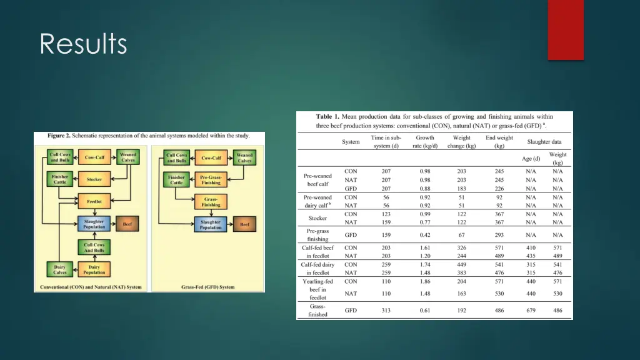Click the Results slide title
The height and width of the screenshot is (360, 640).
[83, 44]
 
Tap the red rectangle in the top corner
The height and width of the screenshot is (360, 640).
[566, 30]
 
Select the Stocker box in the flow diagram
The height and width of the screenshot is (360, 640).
[94, 179]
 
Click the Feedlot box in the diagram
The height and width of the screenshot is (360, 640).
[94, 202]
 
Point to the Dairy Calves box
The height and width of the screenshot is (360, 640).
[59, 269]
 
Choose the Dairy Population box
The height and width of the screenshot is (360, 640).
[94, 269]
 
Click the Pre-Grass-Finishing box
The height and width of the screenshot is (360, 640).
[211, 180]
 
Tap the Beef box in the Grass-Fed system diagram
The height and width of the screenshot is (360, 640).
[244, 224]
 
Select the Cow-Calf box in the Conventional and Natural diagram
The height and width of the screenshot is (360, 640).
[94, 157]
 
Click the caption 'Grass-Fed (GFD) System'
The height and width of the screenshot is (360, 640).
[208, 287]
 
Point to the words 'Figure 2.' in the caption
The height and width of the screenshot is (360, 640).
[61, 136]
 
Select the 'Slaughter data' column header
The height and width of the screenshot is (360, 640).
[544, 142]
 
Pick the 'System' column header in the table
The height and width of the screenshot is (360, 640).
[351, 142]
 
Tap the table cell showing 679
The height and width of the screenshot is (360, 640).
[531, 310]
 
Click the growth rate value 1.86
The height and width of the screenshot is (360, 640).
[425, 281]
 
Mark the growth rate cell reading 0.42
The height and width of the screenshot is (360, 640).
[425, 235]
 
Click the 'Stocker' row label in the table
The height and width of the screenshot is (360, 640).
[317, 218]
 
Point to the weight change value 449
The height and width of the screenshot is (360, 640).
[462, 264]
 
